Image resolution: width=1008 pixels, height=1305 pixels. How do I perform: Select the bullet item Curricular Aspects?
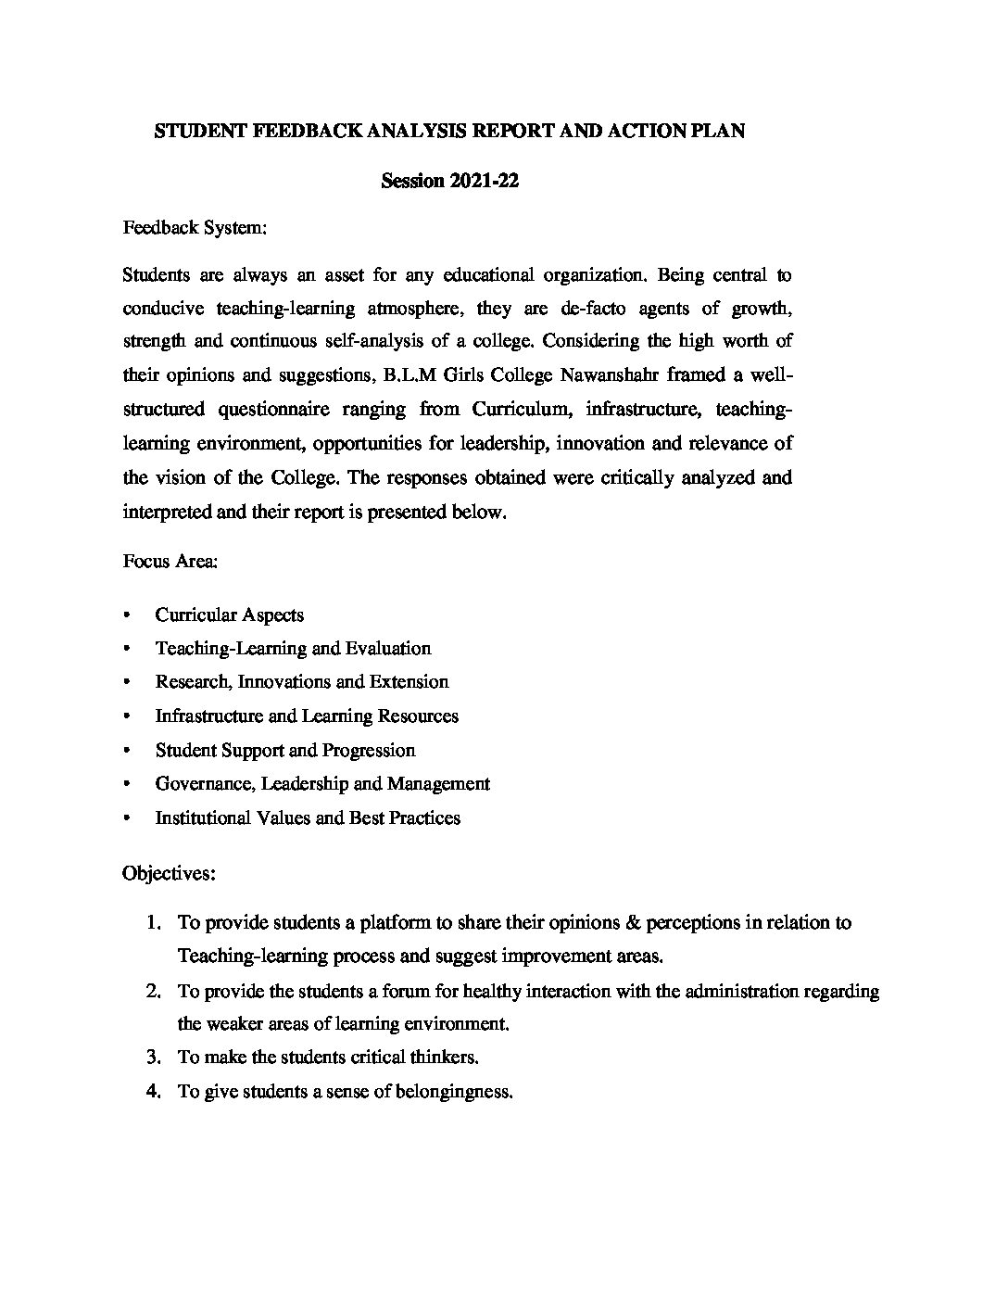[229, 614]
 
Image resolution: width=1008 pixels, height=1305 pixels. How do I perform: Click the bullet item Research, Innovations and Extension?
[301, 682]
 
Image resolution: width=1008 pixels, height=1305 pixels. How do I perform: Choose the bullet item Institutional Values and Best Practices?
[307, 818]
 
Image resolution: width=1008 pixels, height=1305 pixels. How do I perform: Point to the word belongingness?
[454, 1092]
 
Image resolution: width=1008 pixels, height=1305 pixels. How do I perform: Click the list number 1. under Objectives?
[154, 923]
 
